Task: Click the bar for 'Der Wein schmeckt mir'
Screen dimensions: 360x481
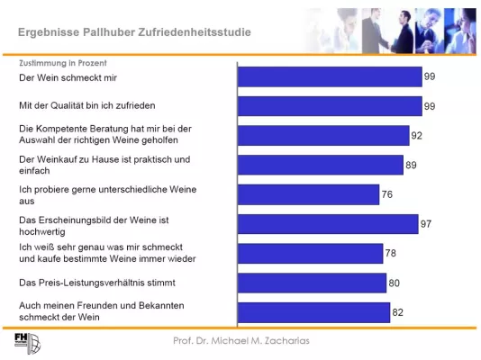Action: pyautogui.click(x=329, y=77)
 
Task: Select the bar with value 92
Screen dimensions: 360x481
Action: pyautogui.click(x=322, y=136)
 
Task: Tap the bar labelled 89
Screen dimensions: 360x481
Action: pyautogui.click(x=320, y=165)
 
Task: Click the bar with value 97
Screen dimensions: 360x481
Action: pyautogui.click(x=327, y=224)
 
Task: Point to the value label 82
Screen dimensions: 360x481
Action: pyautogui.click(x=398, y=311)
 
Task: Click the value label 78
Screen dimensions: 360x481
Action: pyautogui.click(x=391, y=253)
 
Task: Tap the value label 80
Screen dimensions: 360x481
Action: pyautogui.click(x=394, y=283)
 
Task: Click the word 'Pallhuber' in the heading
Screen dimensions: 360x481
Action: pyautogui.click(x=110, y=31)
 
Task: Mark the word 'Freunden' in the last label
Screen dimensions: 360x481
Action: pyautogui.click(x=108, y=306)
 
